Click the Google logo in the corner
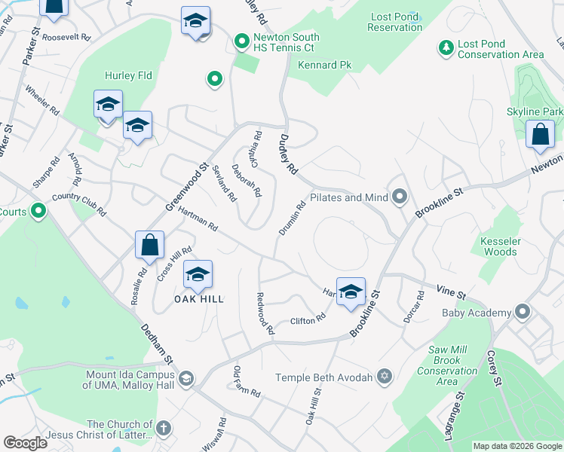[x=26, y=443]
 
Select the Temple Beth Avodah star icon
[x=384, y=376]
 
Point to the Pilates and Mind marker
[x=400, y=197]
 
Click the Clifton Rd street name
[x=308, y=320]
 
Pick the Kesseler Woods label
[x=498, y=246]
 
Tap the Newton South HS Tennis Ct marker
[x=242, y=40]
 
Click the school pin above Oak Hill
[x=198, y=275]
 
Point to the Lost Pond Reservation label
[x=394, y=22]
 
